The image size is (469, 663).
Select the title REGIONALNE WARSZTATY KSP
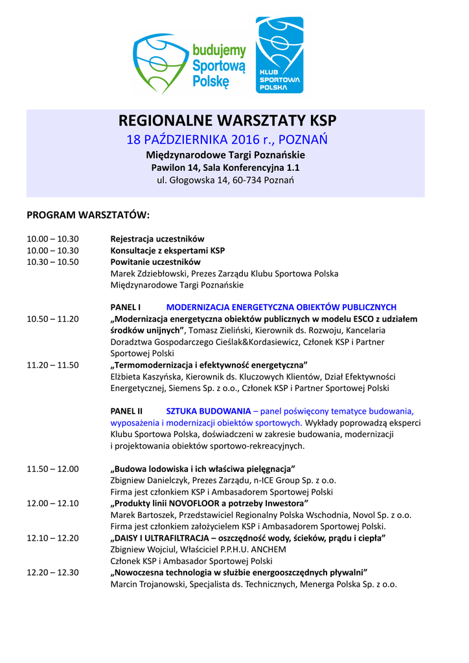coord(227,121)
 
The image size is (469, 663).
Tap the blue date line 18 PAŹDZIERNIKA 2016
coord(227,140)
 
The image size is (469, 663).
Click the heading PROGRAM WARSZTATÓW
coord(88,214)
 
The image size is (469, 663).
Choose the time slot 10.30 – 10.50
coord(52,262)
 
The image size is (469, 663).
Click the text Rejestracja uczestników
coord(157,238)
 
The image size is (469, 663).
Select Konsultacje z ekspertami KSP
coord(168,250)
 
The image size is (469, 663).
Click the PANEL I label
coord(126,307)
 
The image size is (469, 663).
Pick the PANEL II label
coord(127,410)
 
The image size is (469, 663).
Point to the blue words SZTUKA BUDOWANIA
coord(209,410)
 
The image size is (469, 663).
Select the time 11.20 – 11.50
coord(52,365)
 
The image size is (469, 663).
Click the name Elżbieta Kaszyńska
coord(147,376)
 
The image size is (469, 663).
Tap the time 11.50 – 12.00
coord(52,468)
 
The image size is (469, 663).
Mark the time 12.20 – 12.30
coord(52,572)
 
